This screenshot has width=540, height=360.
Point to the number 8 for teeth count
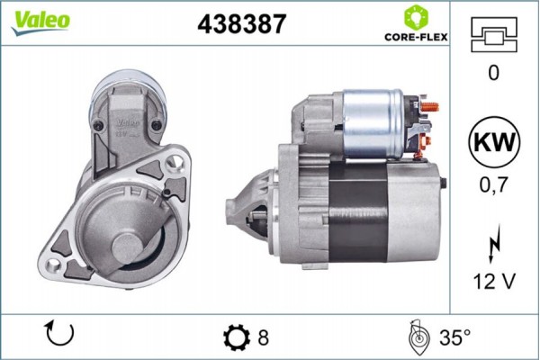(x=264, y=338)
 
